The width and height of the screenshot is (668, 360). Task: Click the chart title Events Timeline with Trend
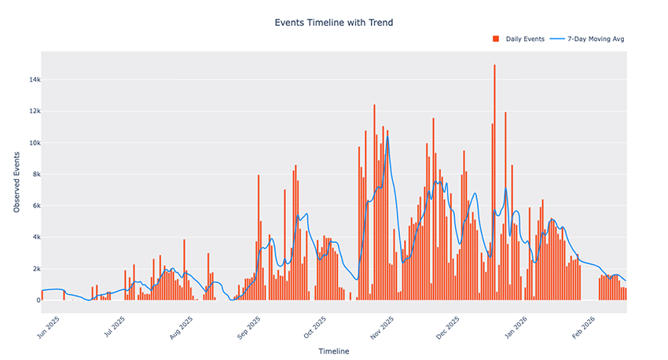pyautogui.click(x=333, y=23)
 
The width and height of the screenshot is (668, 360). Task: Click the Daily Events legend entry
pyautogui.click(x=523, y=39)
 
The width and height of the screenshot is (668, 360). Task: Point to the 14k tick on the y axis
pyautogui.click(x=30, y=79)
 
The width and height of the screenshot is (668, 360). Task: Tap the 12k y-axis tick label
pyautogui.click(x=30, y=111)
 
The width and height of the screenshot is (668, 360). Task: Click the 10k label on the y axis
pyautogui.click(x=30, y=142)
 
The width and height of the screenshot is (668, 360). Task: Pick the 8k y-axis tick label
pyautogui.click(x=32, y=174)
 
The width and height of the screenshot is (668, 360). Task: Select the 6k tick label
pyautogui.click(x=32, y=205)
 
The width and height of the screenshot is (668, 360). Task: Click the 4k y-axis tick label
pyautogui.click(x=32, y=237)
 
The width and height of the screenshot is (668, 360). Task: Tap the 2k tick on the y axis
pyautogui.click(x=32, y=268)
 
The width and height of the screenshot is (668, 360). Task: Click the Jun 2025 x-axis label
pyautogui.click(x=49, y=323)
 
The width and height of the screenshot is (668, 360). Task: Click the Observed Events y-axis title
pyautogui.click(x=17, y=183)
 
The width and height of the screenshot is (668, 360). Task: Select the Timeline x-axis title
pyautogui.click(x=333, y=351)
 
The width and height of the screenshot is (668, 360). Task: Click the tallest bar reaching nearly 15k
pyautogui.click(x=494, y=181)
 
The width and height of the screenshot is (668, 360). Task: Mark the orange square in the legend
pyautogui.click(x=496, y=39)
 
